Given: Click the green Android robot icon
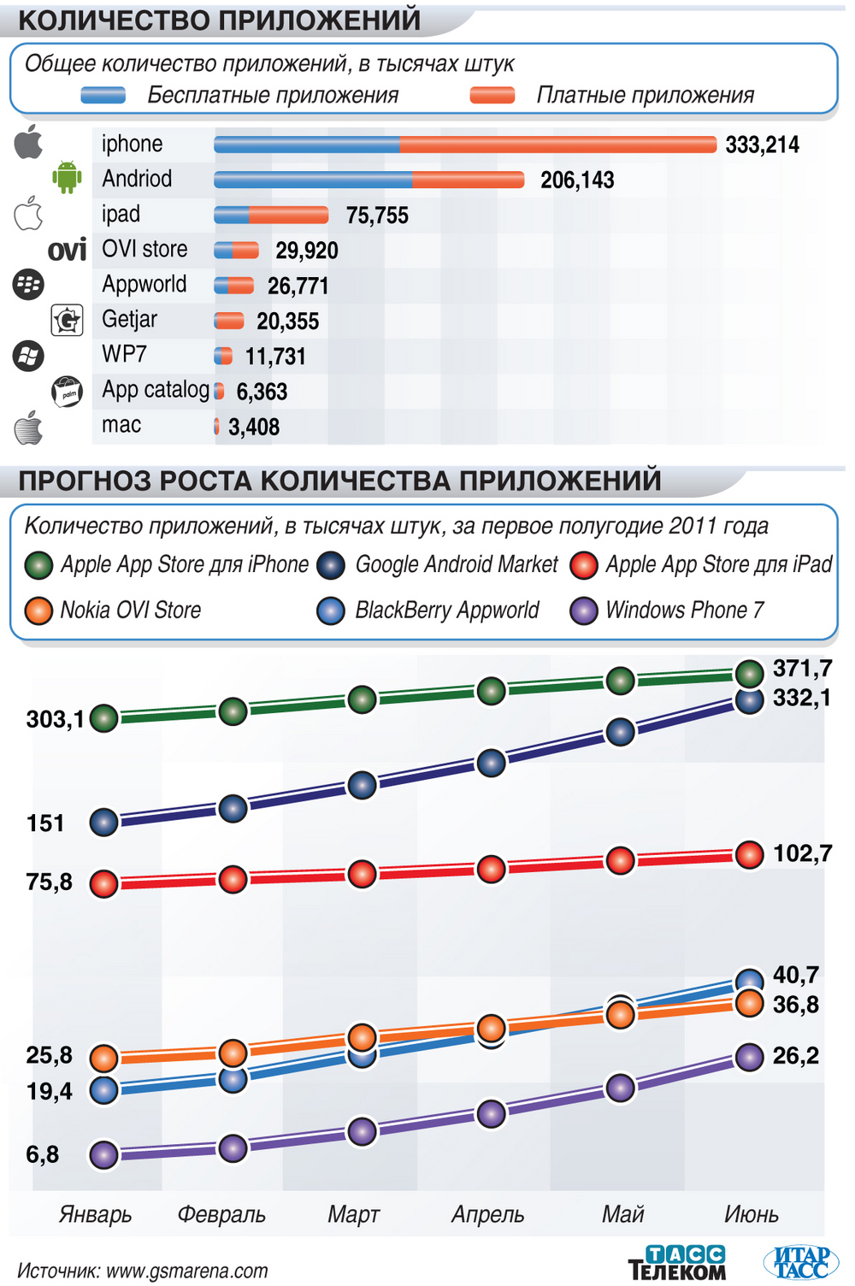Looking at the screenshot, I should click(x=67, y=177).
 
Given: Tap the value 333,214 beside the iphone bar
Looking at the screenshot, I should click(x=762, y=145).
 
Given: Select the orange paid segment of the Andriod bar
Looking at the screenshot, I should click(x=468, y=180).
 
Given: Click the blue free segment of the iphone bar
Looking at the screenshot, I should click(x=307, y=145).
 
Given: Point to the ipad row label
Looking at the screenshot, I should click(x=121, y=214).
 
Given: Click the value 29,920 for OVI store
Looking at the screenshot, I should click(x=306, y=251).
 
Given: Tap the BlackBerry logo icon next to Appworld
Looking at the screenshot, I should click(x=28, y=284).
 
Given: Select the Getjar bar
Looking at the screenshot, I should click(x=229, y=321).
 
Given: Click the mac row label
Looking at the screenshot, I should click(x=121, y=425).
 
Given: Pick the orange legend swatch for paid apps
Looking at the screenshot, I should click(x=492, y=95).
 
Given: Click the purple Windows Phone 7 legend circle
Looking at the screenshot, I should click(x=584, y=611).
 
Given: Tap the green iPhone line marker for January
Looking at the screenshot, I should click(x=104, y=718).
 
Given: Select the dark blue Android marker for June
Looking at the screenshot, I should click(x=750, y=701).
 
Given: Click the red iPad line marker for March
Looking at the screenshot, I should click(x=363, y=874).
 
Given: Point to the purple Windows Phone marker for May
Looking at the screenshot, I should click(x=620, y=1088).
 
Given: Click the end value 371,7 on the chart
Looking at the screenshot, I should click(x=802, y=668).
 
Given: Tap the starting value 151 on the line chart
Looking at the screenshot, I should click(x=45, y=823).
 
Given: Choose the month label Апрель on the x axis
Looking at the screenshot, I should click(x=487, y=1214).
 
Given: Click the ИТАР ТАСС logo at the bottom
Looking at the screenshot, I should click(x=800, y=1262).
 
